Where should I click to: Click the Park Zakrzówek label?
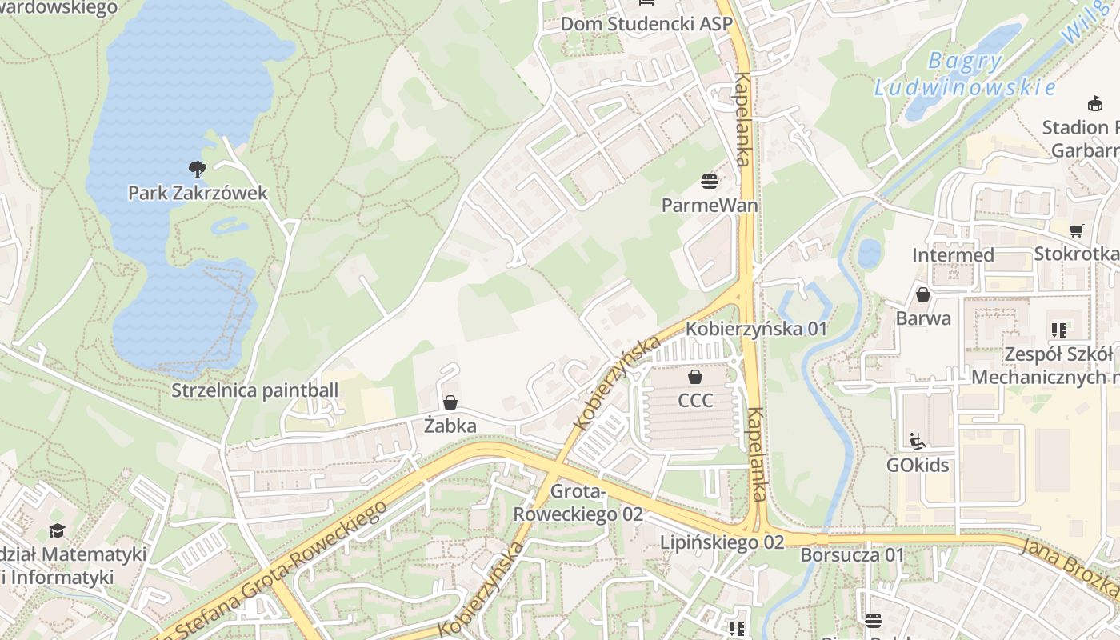(198, 193)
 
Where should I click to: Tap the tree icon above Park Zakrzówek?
(197, 169)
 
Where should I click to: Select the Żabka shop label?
(450, 426)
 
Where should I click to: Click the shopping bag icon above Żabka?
(450, 402)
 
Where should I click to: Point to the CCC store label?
(694, 400)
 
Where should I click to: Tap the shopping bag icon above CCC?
(694, 376)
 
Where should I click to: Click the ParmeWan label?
(710, 206)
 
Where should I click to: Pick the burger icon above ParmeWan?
(709, 182)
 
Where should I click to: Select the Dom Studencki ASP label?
(646, 24)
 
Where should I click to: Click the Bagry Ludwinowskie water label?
(965, 74)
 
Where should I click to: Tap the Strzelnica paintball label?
(255, 390)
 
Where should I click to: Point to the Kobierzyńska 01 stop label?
(756, 329)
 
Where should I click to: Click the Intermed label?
(953, 255)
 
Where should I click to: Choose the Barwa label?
(923, 318)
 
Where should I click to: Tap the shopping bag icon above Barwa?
(923, 294)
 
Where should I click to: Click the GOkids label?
(917, 465)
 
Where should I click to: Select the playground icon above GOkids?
(917, 441)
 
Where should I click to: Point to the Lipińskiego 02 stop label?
(722, 542)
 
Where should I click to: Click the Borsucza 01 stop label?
(852, 555)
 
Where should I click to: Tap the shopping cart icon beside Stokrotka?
(1077, 230)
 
